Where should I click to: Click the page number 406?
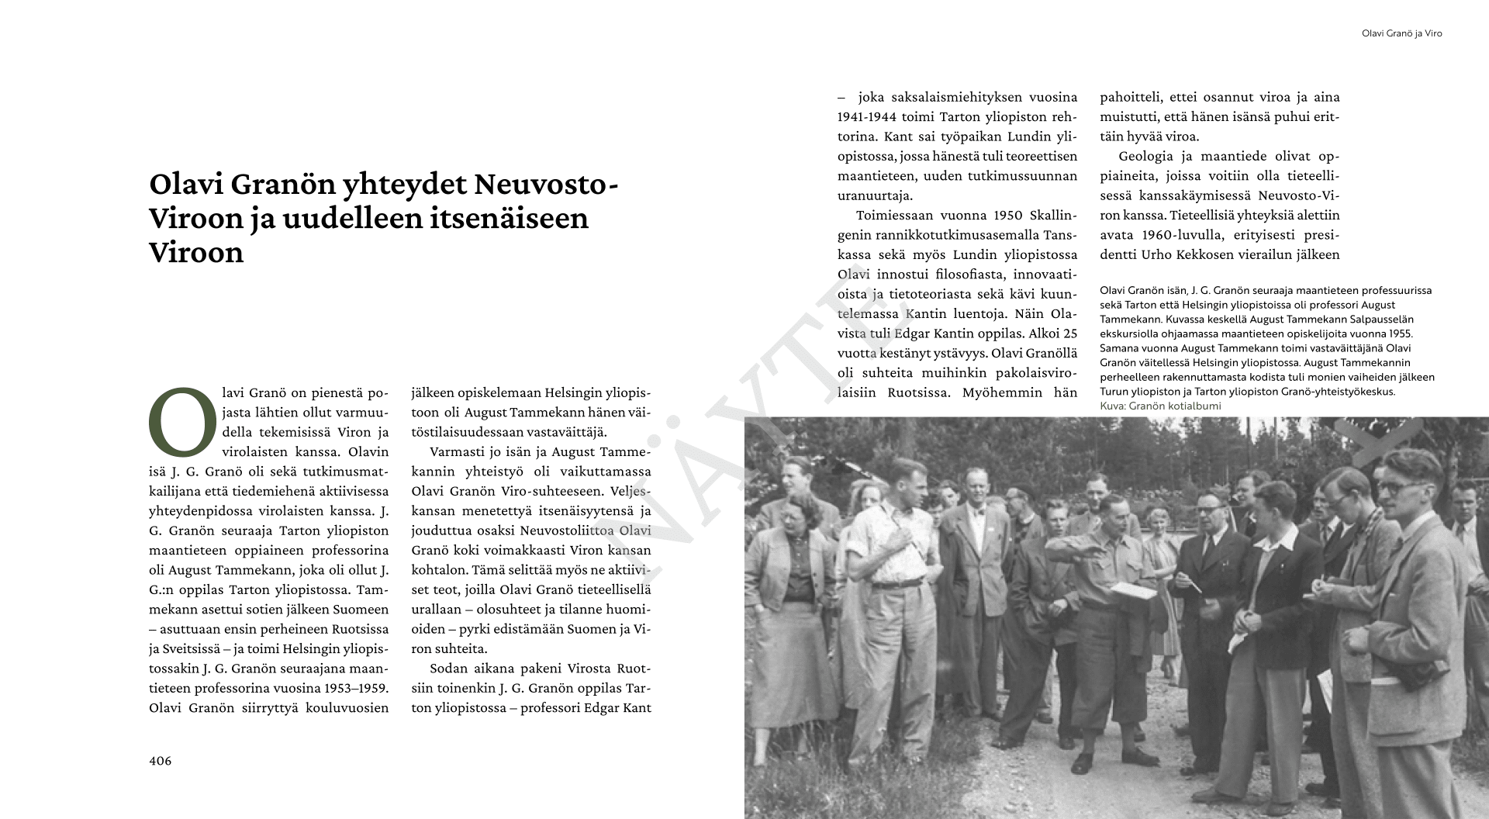pos(160,761)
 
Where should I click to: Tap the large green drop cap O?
pos(181,421)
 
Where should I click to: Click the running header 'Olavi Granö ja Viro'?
pos(1401,34)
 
